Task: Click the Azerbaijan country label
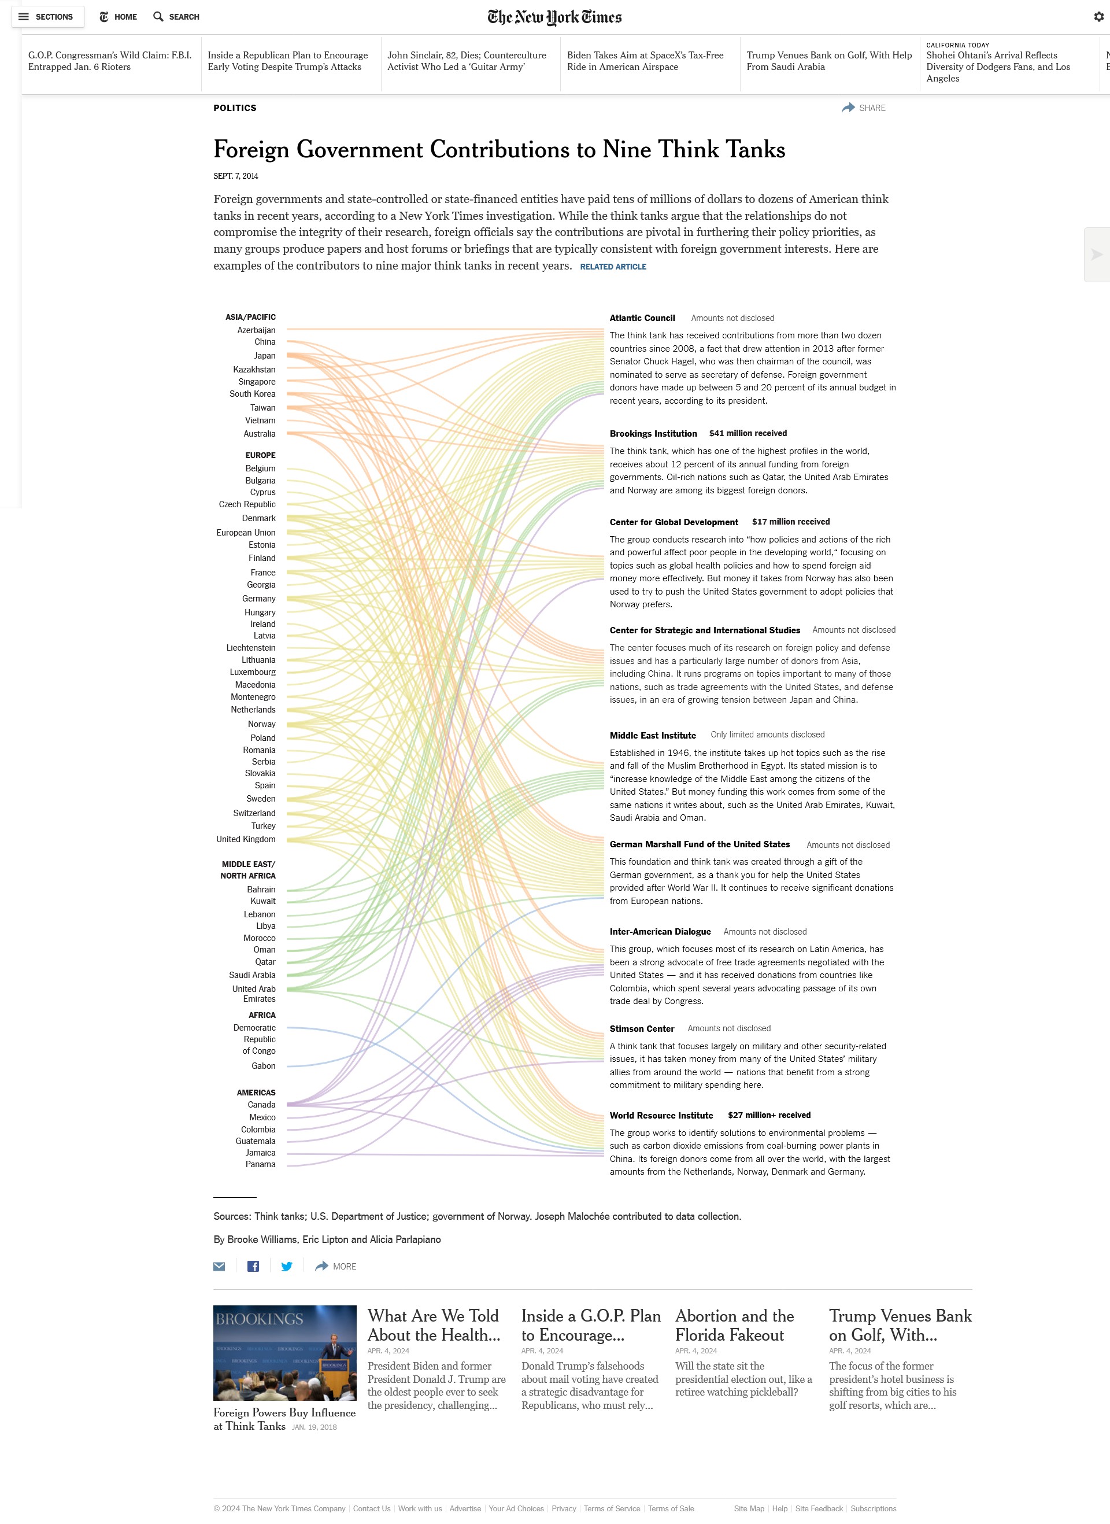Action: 256,330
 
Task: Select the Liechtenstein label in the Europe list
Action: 251,647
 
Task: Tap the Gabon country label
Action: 264,1065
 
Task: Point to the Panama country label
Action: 260,1164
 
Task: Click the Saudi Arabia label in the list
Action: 252,975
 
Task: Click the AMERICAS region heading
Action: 256,1093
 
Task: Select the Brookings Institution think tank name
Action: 653,434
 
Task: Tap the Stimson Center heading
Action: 642,1028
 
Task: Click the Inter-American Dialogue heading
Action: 660,932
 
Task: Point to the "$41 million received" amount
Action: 748,434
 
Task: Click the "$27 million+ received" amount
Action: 769,1115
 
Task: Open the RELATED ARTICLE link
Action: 613,267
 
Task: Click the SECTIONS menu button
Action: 47,17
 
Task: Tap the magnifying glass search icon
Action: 158,17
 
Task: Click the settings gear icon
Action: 1099,17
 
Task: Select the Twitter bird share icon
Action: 287,1267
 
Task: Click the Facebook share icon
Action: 253,1267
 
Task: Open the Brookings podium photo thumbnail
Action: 285,1353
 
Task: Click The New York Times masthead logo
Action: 554,17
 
